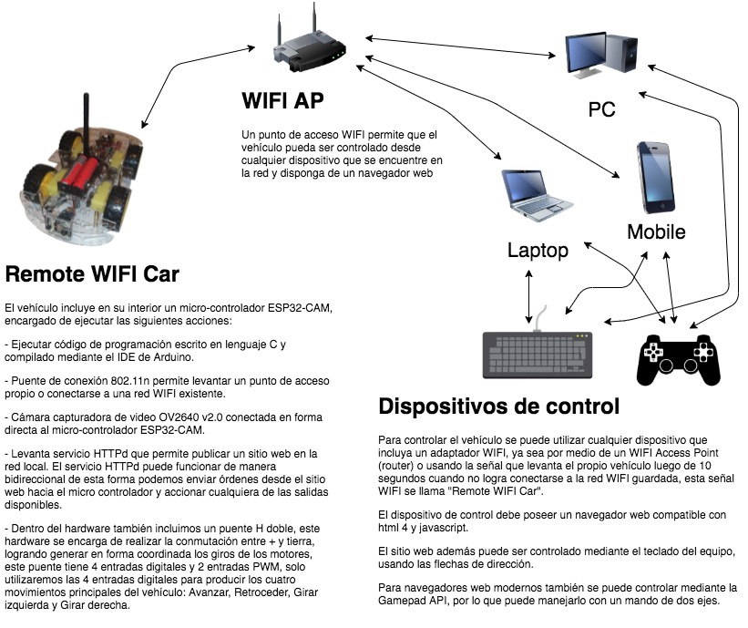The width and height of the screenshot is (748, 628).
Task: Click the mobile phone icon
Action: coord(656,177)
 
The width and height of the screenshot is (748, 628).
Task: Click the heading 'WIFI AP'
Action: coord(282,99)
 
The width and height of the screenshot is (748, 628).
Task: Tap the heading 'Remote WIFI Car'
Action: coord(93,273)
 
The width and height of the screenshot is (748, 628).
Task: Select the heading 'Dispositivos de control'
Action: coord(498,406)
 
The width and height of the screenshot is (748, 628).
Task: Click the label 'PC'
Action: coord(601,109)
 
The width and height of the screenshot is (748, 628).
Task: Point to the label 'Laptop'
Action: coord(538,250)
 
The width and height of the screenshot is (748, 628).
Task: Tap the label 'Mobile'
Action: coord(656,232)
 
